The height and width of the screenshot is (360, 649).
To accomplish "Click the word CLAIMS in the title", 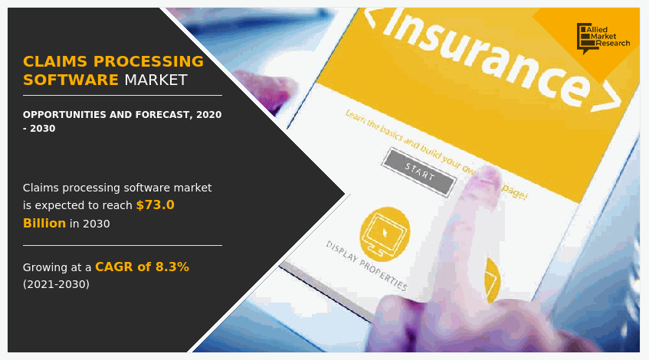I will (x=51, y=61).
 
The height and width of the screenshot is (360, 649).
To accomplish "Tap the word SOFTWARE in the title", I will (x=70, y=80).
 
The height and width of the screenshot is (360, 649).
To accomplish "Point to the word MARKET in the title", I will (x=156, y=80).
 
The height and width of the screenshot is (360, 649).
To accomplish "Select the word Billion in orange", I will (x=44, y=224).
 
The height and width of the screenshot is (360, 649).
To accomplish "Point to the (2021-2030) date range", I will (x=56, y=284).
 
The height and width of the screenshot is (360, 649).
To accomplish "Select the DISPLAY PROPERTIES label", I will (x=366, y=266).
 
